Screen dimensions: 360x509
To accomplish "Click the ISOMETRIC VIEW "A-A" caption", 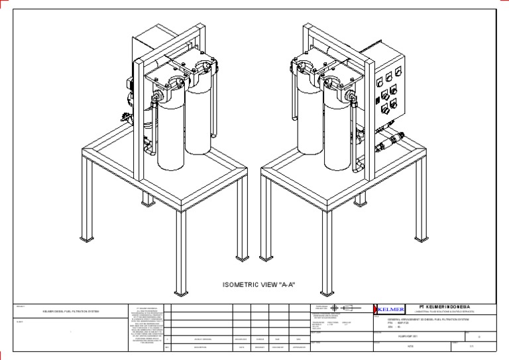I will [258, 285].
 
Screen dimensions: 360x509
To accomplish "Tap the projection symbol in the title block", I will [342, 308].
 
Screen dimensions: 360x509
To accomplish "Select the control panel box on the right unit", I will [387, 91].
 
